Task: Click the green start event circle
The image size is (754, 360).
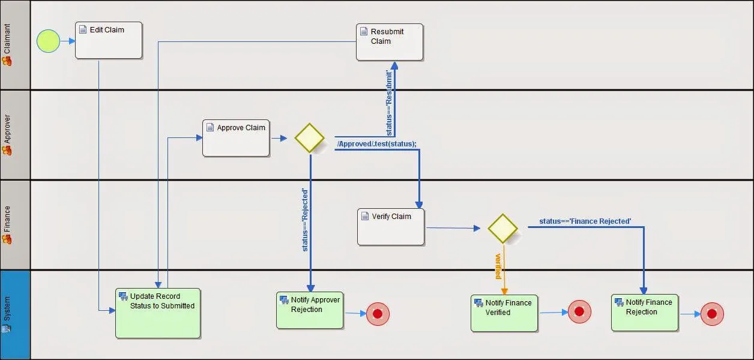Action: [x=48, y=41]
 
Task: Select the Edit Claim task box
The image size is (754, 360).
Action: [x=109, y=40]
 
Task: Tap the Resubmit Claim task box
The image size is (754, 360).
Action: [x=390, y=42]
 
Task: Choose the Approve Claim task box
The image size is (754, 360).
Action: [x=236, y=138]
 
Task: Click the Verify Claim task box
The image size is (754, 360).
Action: [x=391, y=227]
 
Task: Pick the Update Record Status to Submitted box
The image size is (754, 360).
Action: [x=158, y=313]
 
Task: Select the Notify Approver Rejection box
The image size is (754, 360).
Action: [x=310, y=310]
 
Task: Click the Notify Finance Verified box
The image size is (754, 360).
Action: [x=504, y=313]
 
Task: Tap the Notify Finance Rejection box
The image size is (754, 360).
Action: [x=645, y=313]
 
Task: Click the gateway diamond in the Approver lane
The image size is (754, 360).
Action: [x=309, y=138]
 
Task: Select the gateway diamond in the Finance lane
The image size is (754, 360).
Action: [x=502, y=229]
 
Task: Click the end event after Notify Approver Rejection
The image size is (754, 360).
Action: [x=378, y=314]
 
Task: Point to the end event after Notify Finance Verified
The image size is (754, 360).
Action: [x=579, y=311]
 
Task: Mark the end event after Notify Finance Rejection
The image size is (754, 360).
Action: [x=712, y=314]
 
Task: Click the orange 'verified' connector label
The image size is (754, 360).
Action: [x=498, y=266]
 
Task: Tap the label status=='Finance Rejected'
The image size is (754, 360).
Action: [x=585, y=221]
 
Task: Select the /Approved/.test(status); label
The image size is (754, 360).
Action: [x=376, y=144]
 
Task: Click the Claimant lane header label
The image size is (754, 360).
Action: [x=7, y=38]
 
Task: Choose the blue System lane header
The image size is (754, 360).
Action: [x=15, y=315]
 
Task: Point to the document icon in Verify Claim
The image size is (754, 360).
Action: [x=365, y=216]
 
